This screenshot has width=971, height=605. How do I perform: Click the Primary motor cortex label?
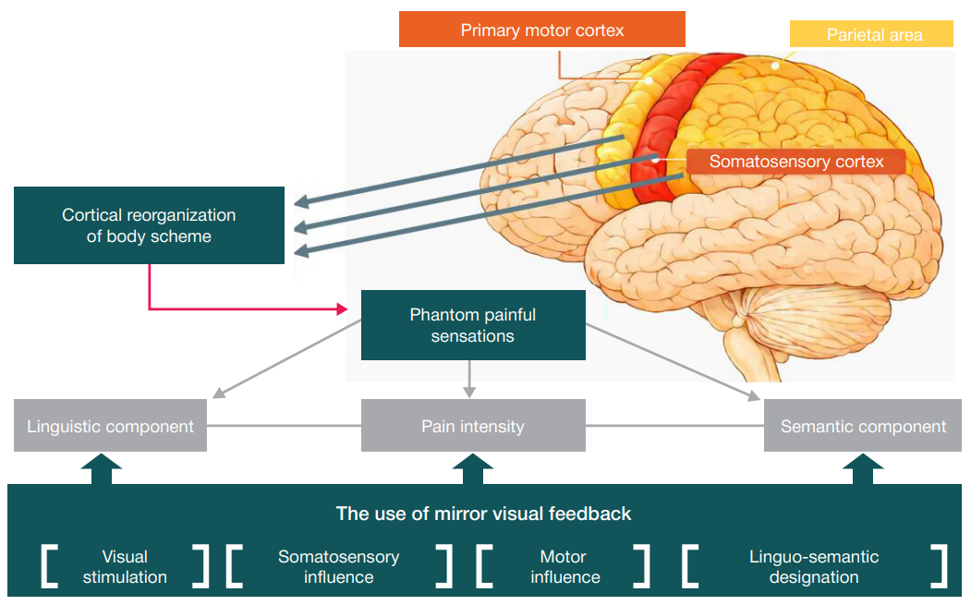tap(541, 30)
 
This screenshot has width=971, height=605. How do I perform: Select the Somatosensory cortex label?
tap(795, 162)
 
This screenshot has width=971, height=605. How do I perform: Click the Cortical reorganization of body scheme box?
tap(149, 225)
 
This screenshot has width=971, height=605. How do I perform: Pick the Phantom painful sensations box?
tap(472, 325)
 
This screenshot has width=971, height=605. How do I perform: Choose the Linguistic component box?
tap(110, 427)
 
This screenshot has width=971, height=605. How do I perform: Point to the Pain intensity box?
tap(472, 427)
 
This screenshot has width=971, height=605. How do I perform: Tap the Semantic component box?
tap(862, 427)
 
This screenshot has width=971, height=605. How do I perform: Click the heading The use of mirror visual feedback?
tap(483, 514)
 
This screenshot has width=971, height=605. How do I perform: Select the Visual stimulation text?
tap(125, 567)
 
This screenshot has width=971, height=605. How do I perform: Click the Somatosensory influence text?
tap(338, 567)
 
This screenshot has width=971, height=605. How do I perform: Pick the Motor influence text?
tap(564, 567)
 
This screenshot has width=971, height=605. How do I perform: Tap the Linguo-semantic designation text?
tap(813, 567)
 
